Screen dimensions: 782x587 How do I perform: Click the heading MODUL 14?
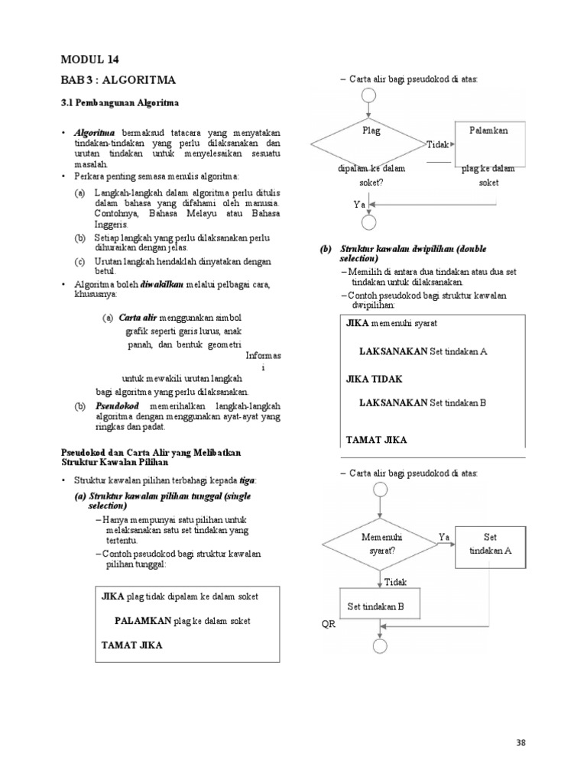tap(89, 59)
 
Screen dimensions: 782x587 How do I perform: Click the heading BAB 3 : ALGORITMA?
tap(118, 79)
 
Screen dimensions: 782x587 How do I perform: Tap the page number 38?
tap(521, 742)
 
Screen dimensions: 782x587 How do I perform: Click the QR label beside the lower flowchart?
tap(328, 624)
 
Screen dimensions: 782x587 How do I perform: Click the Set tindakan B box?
tap(376, 608)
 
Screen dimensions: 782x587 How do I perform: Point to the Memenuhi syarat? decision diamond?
tap(380, 544)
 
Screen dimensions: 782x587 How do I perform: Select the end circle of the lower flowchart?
tap(380, 645)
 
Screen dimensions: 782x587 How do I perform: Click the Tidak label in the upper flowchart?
tap(437, 144)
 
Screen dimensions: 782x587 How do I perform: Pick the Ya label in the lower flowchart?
tap(444, 536)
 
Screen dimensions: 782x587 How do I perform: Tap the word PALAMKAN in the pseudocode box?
tap(144, 621)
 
